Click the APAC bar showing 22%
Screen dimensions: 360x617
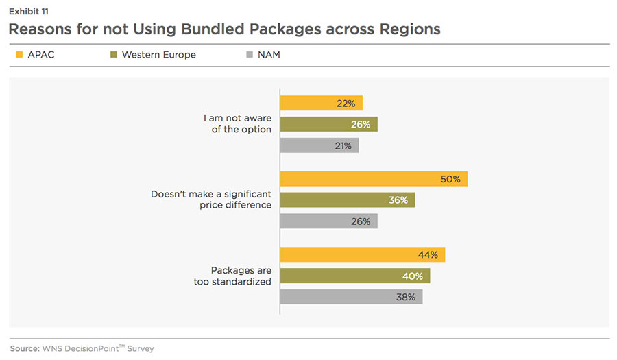(321, 104)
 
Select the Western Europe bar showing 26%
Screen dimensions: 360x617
(328, 124)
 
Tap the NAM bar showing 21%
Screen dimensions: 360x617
(319, 145)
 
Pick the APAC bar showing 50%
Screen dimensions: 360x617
(374, 179)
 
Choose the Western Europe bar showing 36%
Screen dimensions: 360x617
(348, 200)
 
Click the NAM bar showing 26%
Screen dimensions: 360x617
(328, 221)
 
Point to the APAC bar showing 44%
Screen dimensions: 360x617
(363, 255)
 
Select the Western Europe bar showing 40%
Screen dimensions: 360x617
(355, 276)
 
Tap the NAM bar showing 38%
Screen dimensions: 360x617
(351, 297)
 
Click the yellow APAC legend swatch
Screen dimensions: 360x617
(19, 55)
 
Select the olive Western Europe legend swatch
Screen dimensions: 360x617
(112, 55)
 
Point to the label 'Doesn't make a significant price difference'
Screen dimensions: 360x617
(211, 200)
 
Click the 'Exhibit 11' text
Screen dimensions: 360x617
(28, 11)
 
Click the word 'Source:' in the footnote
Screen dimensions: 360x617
(25, 349)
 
